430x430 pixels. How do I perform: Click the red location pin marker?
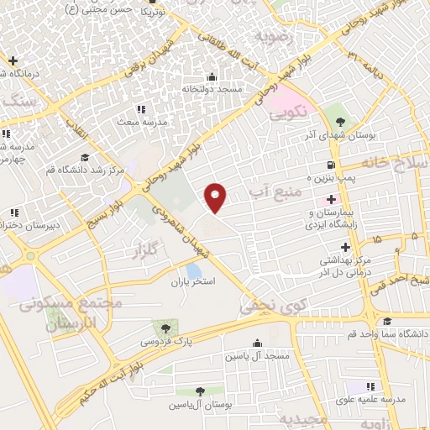(217, 197)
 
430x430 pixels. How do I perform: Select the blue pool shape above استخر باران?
(194, 271)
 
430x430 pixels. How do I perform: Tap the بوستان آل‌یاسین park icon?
(200, 391)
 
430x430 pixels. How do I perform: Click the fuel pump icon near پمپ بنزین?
(333, 165)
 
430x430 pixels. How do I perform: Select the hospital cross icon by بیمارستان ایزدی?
(332, 201)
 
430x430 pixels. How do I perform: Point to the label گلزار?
(144, 249)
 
